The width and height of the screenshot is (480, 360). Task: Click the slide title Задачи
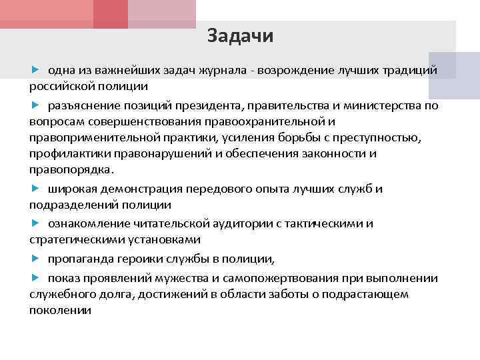[x=240, y=36]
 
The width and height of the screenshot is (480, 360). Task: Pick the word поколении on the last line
[x=60, y=311]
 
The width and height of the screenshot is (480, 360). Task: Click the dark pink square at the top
[x=110, y=14]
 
